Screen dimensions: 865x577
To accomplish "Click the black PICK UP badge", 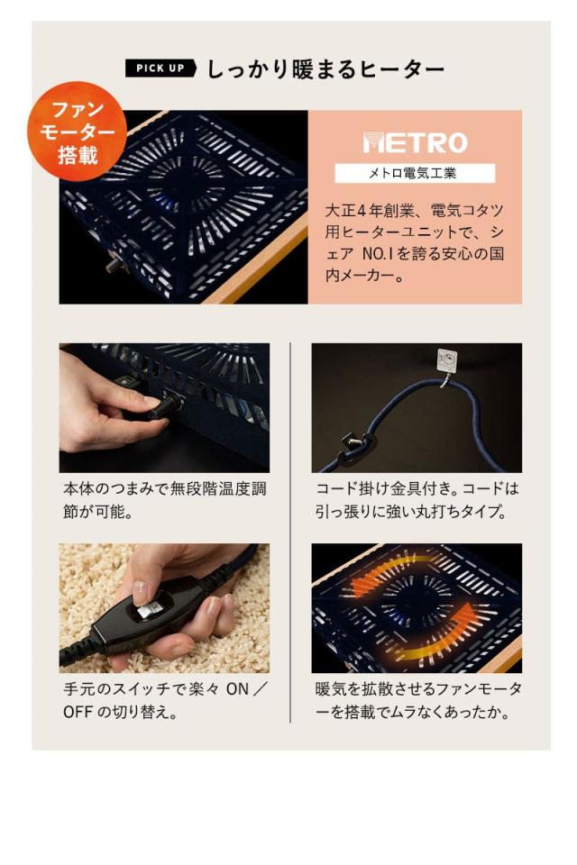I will coord(160,69).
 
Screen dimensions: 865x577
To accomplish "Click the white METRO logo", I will coord(415,142).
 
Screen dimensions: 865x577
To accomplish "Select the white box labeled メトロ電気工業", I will coord(415,173).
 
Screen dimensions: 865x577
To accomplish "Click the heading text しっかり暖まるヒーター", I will coord(325,69).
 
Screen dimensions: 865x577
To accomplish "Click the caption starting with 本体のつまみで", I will coord(164,500).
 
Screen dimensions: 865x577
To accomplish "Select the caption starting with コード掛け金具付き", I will coord(417,500).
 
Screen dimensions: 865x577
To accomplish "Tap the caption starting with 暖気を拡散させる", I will coord(417,701).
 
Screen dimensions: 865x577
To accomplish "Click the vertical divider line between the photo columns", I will coord(290,532).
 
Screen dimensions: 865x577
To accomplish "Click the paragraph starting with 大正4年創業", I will coord(415,243).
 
